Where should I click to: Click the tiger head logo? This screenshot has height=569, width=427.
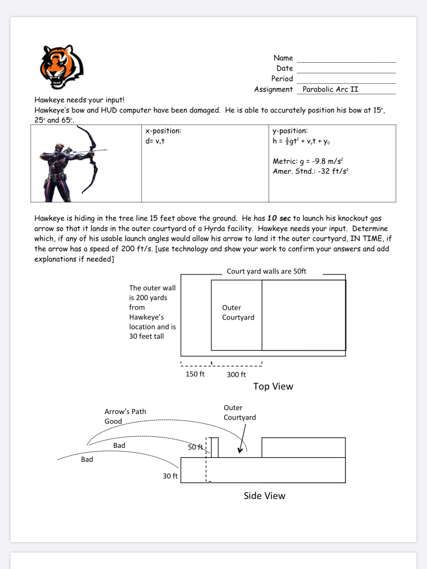(x=62, y=66)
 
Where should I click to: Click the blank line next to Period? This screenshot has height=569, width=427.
(x=346, y=81)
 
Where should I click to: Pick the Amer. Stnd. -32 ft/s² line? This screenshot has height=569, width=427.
(x=310, y=171)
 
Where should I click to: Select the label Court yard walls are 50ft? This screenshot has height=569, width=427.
(x=266, y=272)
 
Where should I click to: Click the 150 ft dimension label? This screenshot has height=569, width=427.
(x=195, y=374)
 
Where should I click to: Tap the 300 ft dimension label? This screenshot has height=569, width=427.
(x=236, y=374)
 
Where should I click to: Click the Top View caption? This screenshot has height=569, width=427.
(x=273, y=386)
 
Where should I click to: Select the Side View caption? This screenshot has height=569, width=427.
(x=264, y=496)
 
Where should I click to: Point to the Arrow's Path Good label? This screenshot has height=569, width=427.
(x=125, y=416)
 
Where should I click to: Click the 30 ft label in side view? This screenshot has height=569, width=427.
(x=170, y=476)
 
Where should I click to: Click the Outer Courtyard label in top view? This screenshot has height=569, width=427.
(x=238, y=312)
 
